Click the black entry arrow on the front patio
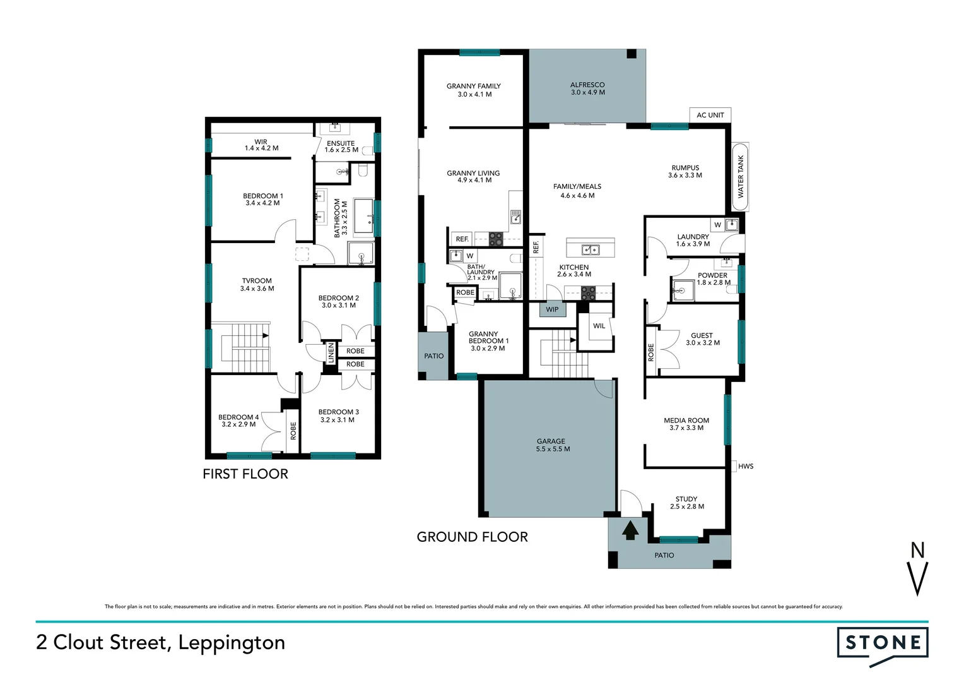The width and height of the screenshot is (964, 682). (x=630, y=530)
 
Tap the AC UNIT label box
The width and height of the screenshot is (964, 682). (x=710, y=115)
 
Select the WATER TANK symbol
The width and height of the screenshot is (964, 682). (x=740, y=177)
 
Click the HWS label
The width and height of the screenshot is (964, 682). (x=745, y=467)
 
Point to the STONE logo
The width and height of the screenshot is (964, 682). (x=882, y=643)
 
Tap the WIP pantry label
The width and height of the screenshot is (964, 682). (x=552, y=309)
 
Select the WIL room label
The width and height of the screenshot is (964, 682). (x=599, y=326)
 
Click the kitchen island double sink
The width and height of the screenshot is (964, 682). (x=590, y=249)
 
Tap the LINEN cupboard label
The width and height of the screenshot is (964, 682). (x=331, y=352)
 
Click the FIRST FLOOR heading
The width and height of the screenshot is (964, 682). (x=245, y=474)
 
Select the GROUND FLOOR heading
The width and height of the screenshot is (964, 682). (x=472, y=537)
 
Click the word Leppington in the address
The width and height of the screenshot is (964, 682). (x=232, y=643)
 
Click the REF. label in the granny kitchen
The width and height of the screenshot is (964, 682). (x=462, y=239)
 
